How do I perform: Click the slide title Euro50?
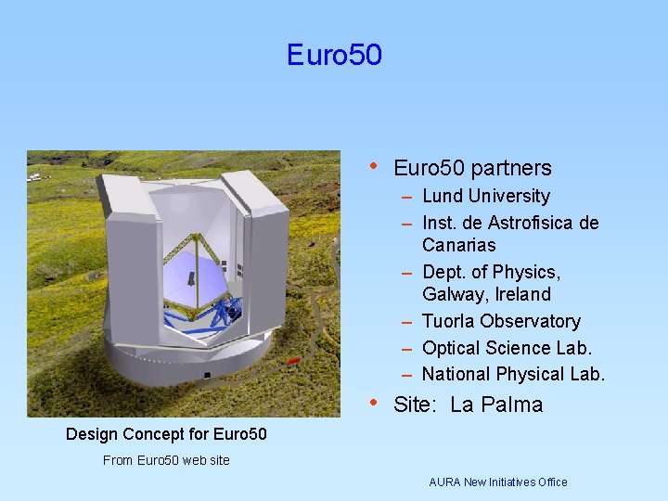334,55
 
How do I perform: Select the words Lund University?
485,196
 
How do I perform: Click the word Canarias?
458,245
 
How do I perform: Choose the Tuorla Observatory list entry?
501,321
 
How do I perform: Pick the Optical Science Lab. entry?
507,348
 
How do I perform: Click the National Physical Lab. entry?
513,374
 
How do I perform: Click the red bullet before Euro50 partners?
373,166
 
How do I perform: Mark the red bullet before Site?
373,403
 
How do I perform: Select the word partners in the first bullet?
511,168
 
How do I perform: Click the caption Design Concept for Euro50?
166,434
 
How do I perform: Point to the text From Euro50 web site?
166,460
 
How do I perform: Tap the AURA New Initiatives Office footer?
497,482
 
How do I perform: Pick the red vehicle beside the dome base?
294,360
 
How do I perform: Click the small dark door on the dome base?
207,376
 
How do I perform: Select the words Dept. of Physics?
491,272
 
